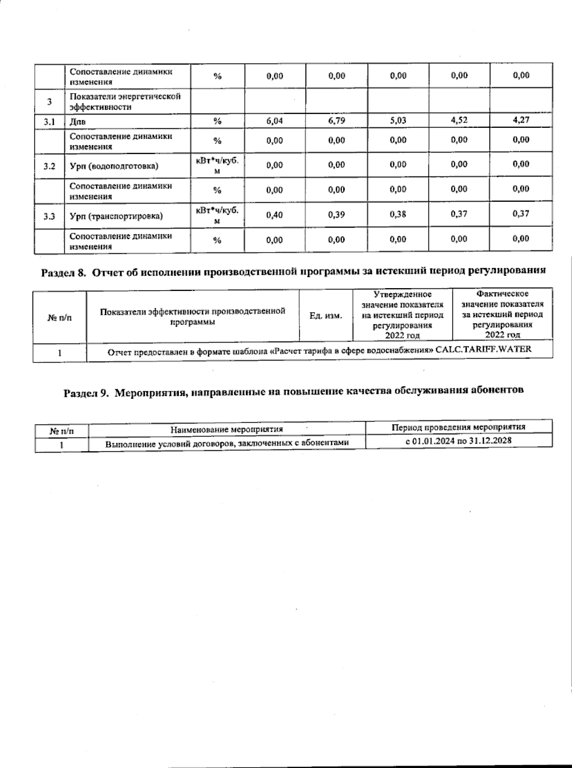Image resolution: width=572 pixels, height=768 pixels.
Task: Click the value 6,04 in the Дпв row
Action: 275,121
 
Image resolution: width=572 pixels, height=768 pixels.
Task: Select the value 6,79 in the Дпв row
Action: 337,121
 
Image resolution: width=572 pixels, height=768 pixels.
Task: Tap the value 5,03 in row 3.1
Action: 398,120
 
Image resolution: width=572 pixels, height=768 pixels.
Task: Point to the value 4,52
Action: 459,120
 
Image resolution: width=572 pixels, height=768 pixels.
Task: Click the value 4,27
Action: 521,119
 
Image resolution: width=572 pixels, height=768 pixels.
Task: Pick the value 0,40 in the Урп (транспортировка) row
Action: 275,215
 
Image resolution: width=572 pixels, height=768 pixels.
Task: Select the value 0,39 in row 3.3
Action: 337,215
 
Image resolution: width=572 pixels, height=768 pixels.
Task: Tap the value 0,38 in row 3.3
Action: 398,215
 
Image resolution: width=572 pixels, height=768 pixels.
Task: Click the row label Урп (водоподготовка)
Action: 114,166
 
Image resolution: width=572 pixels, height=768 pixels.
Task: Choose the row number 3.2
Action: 49,166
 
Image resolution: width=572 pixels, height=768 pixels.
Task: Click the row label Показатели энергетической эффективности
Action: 125,102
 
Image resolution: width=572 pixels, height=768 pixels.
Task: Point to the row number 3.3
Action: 49,217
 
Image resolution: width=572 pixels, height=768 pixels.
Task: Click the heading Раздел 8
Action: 63,272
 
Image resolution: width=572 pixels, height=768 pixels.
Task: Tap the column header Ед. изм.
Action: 326,316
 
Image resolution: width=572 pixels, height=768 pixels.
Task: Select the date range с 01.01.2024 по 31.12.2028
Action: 459,441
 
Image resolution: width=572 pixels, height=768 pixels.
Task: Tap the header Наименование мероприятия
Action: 227,429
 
